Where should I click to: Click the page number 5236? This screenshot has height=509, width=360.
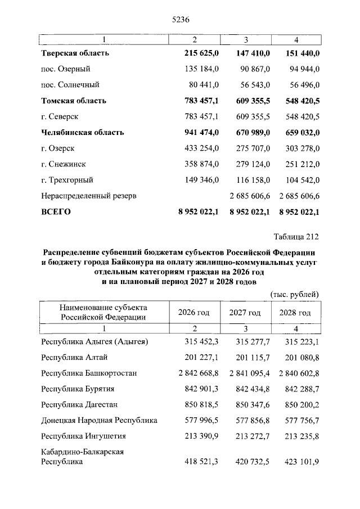tap(179, 19)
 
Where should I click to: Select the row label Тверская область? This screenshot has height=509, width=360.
tap(75, 53)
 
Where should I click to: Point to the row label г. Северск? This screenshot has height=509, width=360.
tap(59, 117)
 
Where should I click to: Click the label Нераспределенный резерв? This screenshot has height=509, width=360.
tap(89, 196)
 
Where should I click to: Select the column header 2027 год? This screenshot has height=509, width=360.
tap(245, 313)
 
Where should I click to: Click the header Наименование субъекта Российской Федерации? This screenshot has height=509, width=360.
tap(104, 312)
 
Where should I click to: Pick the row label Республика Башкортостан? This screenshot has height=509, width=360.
tap(89, 373)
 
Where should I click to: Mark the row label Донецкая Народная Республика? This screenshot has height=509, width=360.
tap(99, 420)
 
